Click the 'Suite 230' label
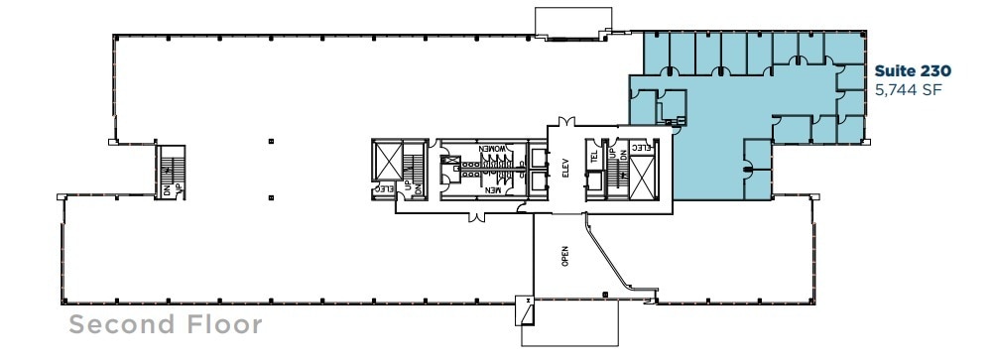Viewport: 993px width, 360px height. click(x=912, y=71)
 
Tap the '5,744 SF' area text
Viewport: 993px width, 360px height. click(x=906, y=90)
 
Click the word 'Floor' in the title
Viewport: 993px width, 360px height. click(x=224, y=324)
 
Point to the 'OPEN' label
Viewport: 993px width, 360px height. click(x=565, y=256)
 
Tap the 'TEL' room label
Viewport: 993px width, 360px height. click(x=596, y=157)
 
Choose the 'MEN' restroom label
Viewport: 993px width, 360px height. click(x=493, y=189)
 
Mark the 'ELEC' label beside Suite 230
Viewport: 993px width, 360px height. click(x=641, y=149)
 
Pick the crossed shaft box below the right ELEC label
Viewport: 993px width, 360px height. click(x=643, y=179)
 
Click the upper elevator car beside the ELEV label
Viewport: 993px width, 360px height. click(x=539, y=158)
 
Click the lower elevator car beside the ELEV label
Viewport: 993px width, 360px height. click(x=539, y=181)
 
